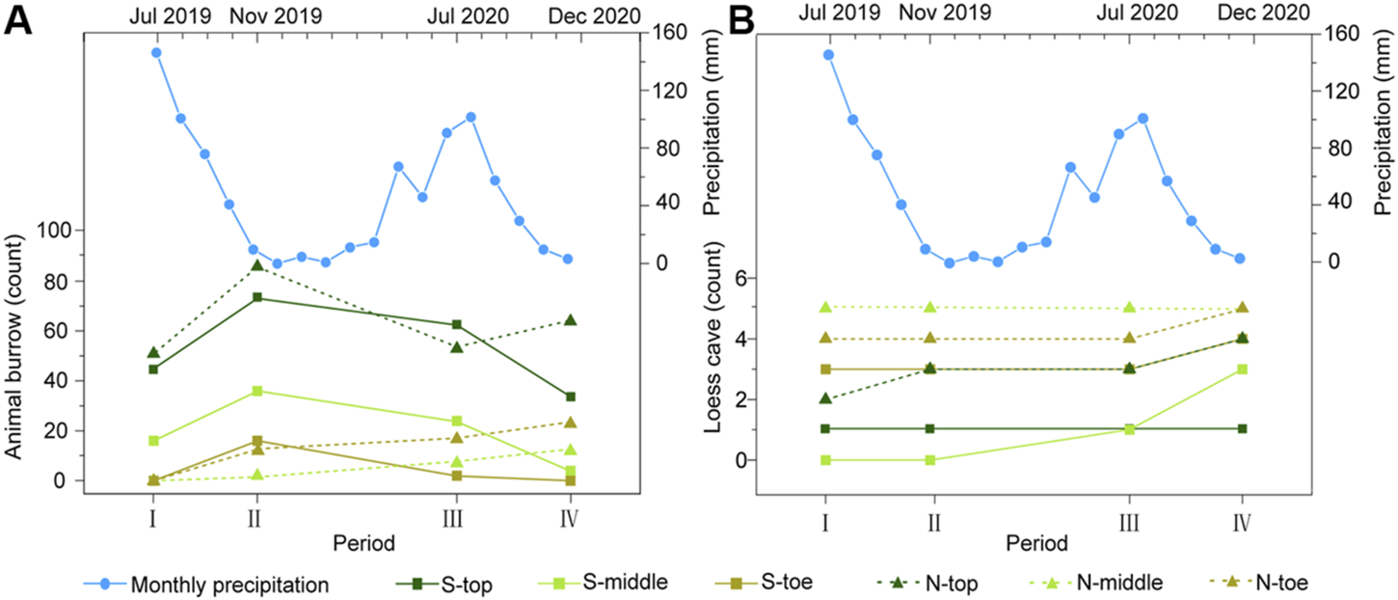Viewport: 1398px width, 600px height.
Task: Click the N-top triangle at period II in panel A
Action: pos(256,265)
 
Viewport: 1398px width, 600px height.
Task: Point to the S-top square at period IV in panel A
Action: pos(570,396)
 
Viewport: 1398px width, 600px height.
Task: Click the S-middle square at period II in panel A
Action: pos(256,391)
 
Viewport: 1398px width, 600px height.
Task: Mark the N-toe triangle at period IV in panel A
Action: pos(570,422)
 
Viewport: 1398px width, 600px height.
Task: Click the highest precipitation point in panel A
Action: pos(156,53)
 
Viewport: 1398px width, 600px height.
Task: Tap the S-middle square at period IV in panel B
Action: pos(1242,369)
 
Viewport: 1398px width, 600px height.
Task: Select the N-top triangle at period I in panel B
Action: pos(825,398)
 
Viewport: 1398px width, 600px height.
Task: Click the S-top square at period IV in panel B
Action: pos(1242,428)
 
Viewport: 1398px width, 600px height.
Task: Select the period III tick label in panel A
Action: pos(453,521)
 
